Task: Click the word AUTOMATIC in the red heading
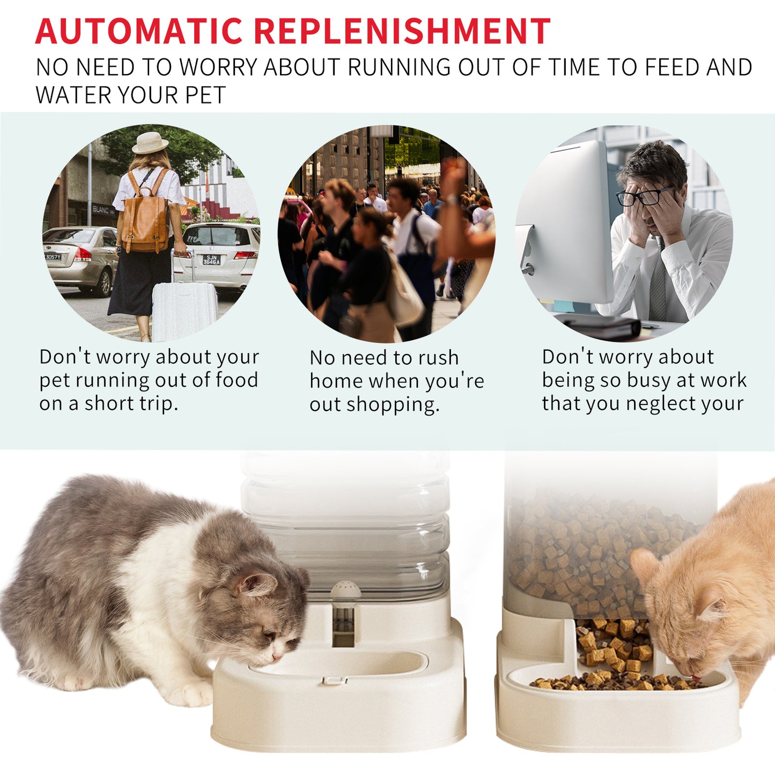pos(139,31)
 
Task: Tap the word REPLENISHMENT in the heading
pos(402,31)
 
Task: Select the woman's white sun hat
pos(150,143)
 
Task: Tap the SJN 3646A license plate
pos(211,260)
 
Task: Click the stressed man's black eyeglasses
pos(644,197)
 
